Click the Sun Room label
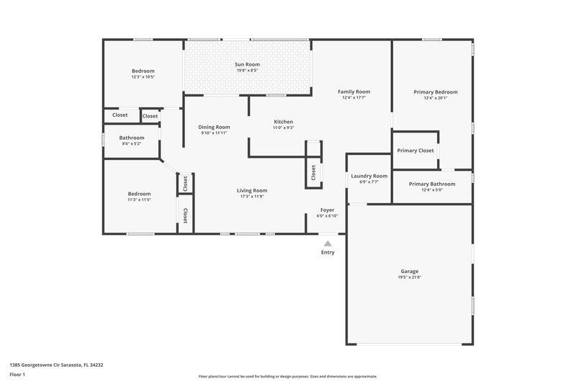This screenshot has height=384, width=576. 247,65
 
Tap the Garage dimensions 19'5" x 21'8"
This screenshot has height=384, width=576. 409,277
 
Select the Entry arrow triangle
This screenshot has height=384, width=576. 328,244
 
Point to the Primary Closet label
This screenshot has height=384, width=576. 415,151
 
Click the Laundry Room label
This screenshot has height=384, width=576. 369,176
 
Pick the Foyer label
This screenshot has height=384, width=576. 328,210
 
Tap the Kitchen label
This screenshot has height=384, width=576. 283,122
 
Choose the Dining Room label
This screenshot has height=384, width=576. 214,127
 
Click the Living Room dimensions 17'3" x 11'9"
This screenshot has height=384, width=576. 253,196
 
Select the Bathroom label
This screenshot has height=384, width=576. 132,138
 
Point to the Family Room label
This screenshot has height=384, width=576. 355,91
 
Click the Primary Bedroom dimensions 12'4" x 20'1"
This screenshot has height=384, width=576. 435,98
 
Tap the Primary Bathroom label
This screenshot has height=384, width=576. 431,184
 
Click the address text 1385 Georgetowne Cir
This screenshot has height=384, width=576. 56,365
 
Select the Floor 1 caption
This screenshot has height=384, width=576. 17,375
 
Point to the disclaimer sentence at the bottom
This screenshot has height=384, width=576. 287,376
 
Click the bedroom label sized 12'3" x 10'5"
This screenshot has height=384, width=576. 143,71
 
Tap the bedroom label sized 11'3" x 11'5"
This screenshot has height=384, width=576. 139,194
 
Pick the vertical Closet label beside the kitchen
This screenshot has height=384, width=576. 313,173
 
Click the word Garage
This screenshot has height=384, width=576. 409,272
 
